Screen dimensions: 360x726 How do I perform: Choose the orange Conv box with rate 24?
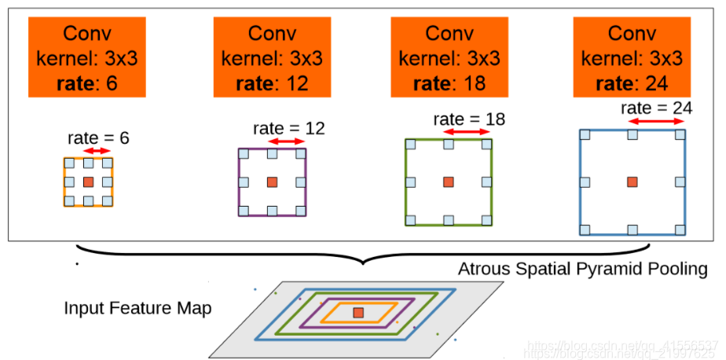(x=632, y=58)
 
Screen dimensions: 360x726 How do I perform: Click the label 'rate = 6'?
(x=98, y=138)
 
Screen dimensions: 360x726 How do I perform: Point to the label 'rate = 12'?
(x=288, y=128)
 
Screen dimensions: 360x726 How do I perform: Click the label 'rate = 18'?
(x=468, y=119)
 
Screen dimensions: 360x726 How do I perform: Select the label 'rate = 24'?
(x=656, y=108)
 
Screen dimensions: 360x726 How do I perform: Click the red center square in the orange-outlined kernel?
(x=88, y=182)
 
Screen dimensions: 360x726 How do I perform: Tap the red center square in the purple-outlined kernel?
(x=272, y=182)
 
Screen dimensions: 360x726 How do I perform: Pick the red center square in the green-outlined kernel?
(x=449, y=182)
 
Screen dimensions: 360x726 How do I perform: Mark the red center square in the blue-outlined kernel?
(x=632, y=182)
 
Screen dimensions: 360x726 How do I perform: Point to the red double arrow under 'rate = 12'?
(x=286, y=141)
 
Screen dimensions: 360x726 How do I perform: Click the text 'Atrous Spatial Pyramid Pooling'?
(x=583, y=269)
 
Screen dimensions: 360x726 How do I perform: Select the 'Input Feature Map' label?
(x=137, y=308)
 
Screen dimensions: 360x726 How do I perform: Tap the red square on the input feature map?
(x=358, y=313)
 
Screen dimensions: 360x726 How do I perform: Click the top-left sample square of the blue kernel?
(x=584, y=134)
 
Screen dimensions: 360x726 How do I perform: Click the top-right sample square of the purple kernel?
(x=301, y=153)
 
